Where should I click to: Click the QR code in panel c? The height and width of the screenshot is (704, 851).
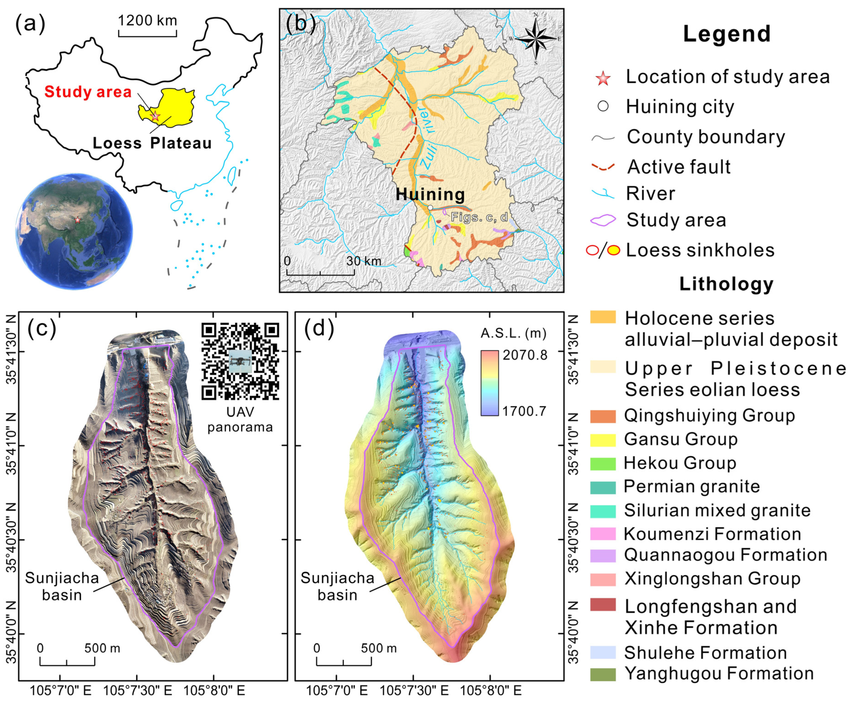tap(240, 361)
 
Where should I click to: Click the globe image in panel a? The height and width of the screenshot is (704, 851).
tap(74, 231)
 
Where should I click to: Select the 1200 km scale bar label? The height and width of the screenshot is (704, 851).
tap(148, 20)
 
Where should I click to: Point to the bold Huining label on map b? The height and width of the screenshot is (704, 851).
tap(430, 194)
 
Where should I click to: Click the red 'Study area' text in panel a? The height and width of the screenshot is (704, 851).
tap(88, 92)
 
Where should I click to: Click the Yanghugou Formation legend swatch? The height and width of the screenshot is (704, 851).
tap(603, 674)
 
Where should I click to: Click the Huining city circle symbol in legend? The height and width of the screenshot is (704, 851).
tap(603, 106)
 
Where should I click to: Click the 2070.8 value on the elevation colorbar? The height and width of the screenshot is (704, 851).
tap(525, 355)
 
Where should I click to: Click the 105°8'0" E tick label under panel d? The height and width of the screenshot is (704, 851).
tap(490, 690)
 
